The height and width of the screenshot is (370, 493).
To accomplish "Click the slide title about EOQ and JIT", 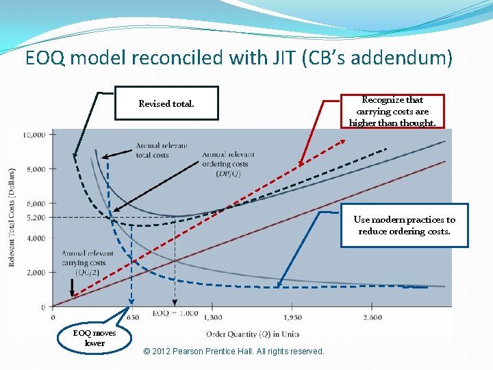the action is [x=239, y=58].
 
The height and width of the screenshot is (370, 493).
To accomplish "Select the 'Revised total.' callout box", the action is [x=166, y=103].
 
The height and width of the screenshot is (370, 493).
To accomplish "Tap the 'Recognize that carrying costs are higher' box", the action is [x=392, y=111].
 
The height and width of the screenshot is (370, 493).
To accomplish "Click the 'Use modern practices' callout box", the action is [x=404, y=225].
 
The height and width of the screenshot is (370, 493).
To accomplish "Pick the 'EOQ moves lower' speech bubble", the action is [x=94, y=337].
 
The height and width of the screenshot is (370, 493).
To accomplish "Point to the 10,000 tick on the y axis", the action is [x=34, y=135].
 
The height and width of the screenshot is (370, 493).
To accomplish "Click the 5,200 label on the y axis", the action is [x=36, y=218].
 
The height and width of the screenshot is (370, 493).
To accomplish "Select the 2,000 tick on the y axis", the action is [x=36, y=273].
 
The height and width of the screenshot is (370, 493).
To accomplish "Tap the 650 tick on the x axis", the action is [x=133, y=317].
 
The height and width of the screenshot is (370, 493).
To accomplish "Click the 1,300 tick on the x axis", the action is [x=212, y=317].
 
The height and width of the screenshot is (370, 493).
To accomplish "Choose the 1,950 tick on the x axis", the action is [x=292, y=317].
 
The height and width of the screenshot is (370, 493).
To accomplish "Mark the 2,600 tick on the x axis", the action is [x=372, y=317].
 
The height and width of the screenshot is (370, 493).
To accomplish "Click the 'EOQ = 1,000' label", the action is [x=175, y=313].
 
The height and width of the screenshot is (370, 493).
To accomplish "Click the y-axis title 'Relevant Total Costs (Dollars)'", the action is [x=12, y=217].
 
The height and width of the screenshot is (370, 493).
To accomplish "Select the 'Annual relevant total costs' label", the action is [x=162, y=151].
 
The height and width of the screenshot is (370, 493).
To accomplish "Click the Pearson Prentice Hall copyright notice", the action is [x=234, y=351].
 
